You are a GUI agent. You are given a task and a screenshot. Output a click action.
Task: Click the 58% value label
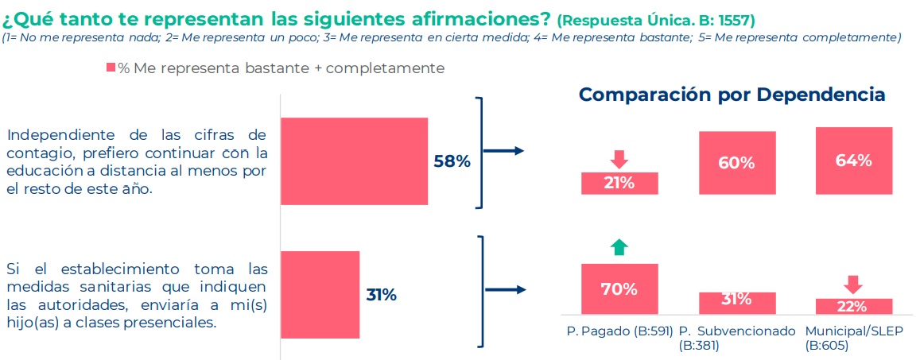click(x=452, y=161)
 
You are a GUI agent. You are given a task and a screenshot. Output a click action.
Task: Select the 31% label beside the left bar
click(x=381, y=295)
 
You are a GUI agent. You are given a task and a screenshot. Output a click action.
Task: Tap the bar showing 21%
click(x=619, y=183)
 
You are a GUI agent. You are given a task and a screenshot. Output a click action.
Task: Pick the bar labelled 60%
click(x=736, y=162)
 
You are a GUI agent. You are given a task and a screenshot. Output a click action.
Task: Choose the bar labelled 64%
click(x=853, y=161)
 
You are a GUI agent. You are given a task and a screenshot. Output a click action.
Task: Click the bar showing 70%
click(x=619, y=288)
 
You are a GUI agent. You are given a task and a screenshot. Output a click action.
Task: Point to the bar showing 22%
click(x=853, y=306)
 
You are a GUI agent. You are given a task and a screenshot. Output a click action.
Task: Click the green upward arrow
click(x=619, y=247)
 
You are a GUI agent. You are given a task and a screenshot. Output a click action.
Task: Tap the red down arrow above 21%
click(x=619, y=158)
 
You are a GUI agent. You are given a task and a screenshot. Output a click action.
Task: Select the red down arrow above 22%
click(x=853, y=284)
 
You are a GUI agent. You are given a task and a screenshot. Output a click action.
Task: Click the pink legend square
click(x=111, y=69)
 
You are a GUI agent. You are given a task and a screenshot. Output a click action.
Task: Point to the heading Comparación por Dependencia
click(x=732, y=95)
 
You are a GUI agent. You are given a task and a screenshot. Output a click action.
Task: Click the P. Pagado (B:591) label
click(x=620, y=331)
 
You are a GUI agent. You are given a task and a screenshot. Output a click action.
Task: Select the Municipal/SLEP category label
click(x=854, y=331)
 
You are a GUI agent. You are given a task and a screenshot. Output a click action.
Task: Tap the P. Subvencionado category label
click(x=737, y=331)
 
